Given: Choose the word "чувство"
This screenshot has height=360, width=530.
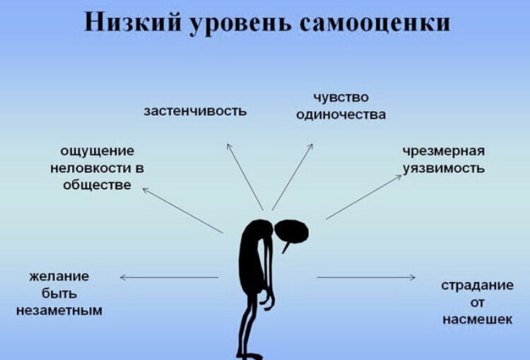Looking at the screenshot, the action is click(x=341, y=97).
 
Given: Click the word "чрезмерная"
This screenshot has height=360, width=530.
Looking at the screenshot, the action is click(x=443, y=151).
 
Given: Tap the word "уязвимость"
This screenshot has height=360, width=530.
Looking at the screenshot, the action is click(x=443, y=168).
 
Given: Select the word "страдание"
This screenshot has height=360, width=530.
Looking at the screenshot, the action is click(x=477, y=285).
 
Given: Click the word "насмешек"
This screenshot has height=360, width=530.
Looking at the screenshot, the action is click(x=477, y=319).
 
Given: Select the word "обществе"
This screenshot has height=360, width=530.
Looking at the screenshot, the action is click(x=97, y=185).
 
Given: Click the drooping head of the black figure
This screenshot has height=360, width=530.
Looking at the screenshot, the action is click(x=293, y=231).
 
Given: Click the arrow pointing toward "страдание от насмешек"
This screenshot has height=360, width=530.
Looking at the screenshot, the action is click(x=365, y=277).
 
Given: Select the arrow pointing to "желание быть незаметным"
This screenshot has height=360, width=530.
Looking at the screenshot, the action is click(x=169, y=277).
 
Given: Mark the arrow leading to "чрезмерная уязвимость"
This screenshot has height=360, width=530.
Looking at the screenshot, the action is click(x=363, y=197).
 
